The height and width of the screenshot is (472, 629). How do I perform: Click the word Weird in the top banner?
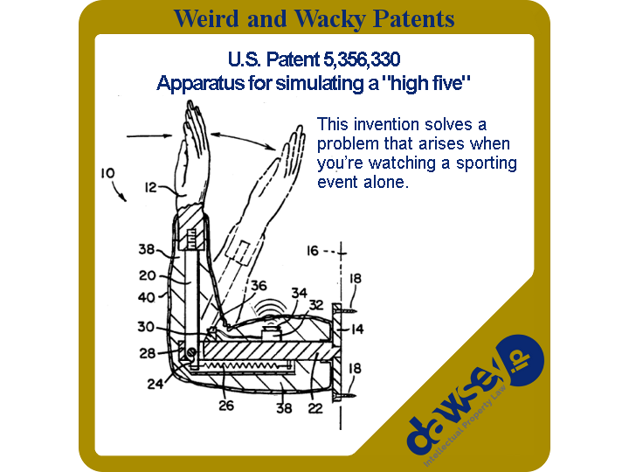point(206,18)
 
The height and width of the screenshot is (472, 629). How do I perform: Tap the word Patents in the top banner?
point(413,18)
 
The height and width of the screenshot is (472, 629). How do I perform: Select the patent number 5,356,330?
point(362,59)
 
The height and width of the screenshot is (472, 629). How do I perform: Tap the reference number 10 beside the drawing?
point(107,173)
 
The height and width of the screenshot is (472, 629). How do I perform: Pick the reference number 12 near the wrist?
point(150,187)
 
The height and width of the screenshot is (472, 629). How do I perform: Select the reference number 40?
point(146,297)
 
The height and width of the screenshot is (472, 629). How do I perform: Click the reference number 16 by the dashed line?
point(313,251)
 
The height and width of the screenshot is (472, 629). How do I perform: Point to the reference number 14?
point(357,330)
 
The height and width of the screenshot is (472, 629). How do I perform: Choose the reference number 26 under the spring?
point(226,406)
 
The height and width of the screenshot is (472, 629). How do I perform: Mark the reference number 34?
point(300,293)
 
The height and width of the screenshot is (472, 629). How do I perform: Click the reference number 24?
point(155,384)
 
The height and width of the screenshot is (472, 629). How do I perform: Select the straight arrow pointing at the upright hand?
point(149,136)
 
